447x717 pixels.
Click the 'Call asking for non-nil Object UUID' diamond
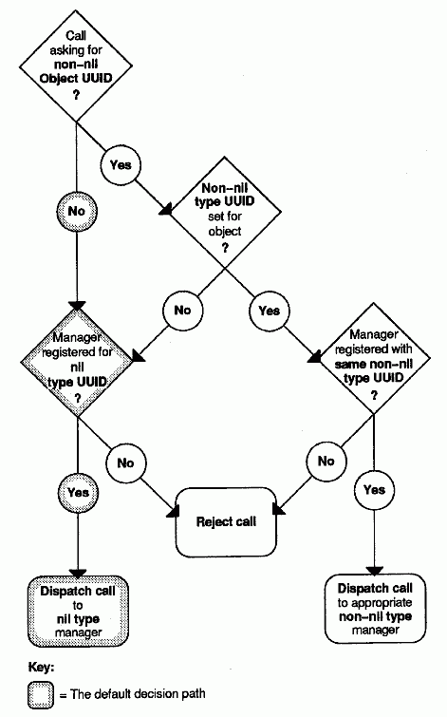point(76,65)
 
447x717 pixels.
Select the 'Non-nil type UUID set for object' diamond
point(224,213)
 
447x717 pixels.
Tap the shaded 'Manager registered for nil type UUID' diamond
point(77,362)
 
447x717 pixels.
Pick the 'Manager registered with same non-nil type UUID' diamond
point(373,358)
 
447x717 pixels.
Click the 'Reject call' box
point(226,522)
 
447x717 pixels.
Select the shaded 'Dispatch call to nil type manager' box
point(78,612)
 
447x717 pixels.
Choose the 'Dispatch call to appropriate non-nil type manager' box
point(375,609)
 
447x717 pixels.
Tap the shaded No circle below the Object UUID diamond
point(76,211)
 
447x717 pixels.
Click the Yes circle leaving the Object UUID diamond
point(121,165)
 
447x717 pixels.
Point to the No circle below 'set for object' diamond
point(182,311)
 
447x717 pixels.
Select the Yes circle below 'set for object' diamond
point(269,311)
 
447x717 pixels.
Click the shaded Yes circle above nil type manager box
point(78,493)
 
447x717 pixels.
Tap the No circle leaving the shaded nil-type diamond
point(125,462)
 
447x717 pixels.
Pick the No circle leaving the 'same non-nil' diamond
point(326,461)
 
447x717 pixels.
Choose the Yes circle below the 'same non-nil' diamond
point(374,490)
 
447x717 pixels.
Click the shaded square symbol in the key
point(41,695)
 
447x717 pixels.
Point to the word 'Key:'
point(41,668)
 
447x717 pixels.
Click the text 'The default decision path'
point(138,694)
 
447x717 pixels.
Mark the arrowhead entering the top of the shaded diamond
point(77,306)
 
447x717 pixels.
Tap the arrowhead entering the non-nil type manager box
point(374,571)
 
